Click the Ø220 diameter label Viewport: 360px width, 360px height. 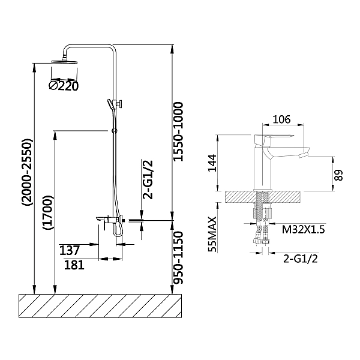(x=64, y=86)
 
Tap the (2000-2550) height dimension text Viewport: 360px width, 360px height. (x=28, y=172)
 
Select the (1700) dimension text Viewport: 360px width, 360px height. (x=47, y=212)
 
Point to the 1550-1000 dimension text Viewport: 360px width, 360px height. (x=178, y=131)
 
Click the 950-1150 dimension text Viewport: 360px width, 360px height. (x=178, y=257)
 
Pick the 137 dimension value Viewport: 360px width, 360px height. (x=70, y=250)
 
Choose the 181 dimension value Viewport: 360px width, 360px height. (x=74, y=265)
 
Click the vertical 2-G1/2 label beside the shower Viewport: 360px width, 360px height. (x=148, y=179)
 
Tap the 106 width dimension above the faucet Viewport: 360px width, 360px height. (x=281, y=119)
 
